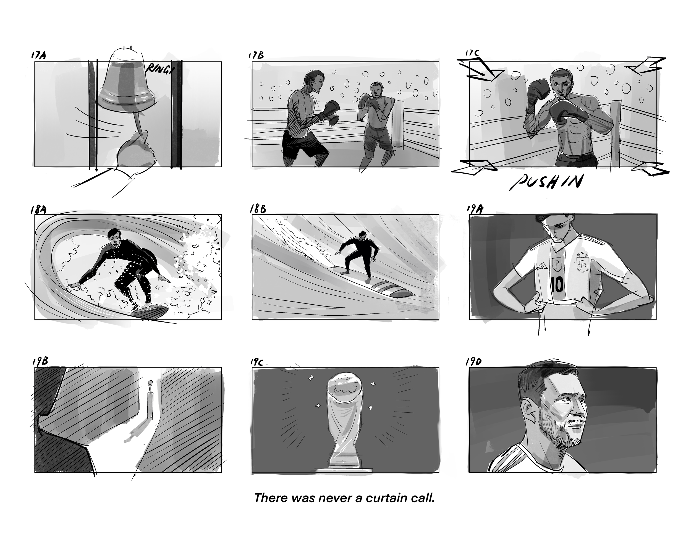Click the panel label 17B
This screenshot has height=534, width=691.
256,55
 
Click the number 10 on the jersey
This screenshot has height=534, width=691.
557,285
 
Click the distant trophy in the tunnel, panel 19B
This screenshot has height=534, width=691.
150,399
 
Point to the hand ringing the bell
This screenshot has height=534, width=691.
136,152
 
